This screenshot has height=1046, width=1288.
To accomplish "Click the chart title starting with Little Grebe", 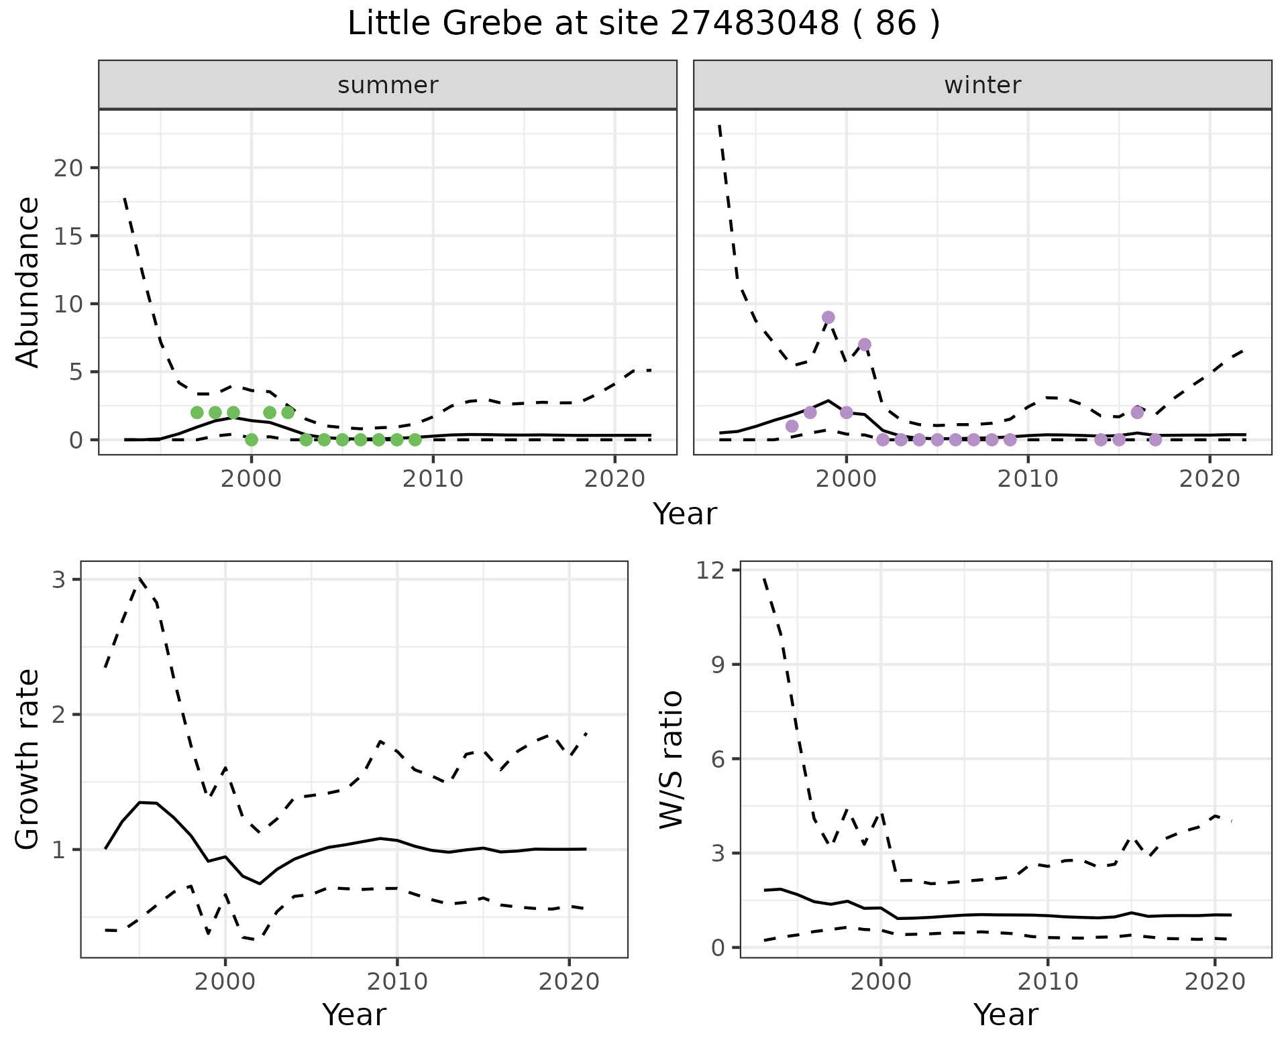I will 643,24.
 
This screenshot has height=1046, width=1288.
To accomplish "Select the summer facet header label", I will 388,85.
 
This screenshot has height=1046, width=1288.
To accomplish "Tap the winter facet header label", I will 982,85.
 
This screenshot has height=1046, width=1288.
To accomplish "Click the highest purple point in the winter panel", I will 828,317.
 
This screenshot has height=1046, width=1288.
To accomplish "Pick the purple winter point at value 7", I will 865,345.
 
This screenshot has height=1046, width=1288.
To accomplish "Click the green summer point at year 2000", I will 252,440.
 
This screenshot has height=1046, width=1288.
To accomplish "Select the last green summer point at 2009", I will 415,440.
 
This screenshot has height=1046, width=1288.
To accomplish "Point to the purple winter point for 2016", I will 1137,412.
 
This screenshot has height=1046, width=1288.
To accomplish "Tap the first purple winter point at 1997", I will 792,426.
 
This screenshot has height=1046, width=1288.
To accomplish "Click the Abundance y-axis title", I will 28,282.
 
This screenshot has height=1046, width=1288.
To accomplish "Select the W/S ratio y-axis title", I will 671,760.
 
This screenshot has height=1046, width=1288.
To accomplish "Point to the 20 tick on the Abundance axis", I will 68,168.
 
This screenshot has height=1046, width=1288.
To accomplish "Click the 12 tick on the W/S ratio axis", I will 712,571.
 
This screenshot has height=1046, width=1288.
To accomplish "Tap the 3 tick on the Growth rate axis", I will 59,579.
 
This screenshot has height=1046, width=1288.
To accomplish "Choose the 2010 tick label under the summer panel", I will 433,479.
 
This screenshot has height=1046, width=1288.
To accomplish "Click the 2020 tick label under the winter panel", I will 1210,479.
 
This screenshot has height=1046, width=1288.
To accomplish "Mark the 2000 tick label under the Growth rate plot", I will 225,982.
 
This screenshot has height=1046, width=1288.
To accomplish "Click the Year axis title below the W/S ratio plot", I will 1006,1015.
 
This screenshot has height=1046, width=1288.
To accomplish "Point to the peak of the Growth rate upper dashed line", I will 140,578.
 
